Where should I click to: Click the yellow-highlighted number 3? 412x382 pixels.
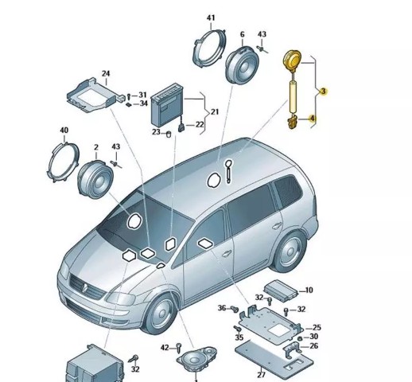pyautogui.click(x=323, y=92)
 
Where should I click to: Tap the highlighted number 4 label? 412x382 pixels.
pyautogui.click(x=313, y=119)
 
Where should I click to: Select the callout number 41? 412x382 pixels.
pyautogui.click(x=211, y=18)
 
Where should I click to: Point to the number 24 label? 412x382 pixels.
pyautogui.click(x=106, y=73)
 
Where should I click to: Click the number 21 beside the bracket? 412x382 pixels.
pyautogui.click(x=215, y=111)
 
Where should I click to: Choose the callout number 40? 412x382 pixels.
pyautogui.click(x=64, y=131)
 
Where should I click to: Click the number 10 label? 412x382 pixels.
pyautogui.click(x=309, y=290)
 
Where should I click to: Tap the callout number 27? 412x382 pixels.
pyautogui.click(x=262, y=375)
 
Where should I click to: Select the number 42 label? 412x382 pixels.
pyautogui.click(x=165, y=348)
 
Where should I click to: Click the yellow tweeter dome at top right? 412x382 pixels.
pyautogui.click(x=292, y=60)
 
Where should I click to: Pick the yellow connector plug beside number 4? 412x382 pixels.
pyautogui.click(x=292, y=123)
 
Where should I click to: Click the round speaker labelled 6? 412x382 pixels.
pyautogui.click(x=242, y=65)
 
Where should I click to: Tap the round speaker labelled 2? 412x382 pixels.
pyautogui.click(x=95, y=180)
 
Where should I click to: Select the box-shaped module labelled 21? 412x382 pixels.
pyautogui.click(x=166, y=106)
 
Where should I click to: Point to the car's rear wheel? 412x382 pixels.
pyautogui.click(x=289, y=251)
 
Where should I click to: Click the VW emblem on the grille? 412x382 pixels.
pyautogui.click(x=85, y=287)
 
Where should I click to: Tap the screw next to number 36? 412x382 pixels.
pyautogui.click(x=235, y=309)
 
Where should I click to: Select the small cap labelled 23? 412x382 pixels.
pyautogui.click(x=168, y=134)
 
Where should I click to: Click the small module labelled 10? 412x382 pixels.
pyautogui.click(x=281, y=290)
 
